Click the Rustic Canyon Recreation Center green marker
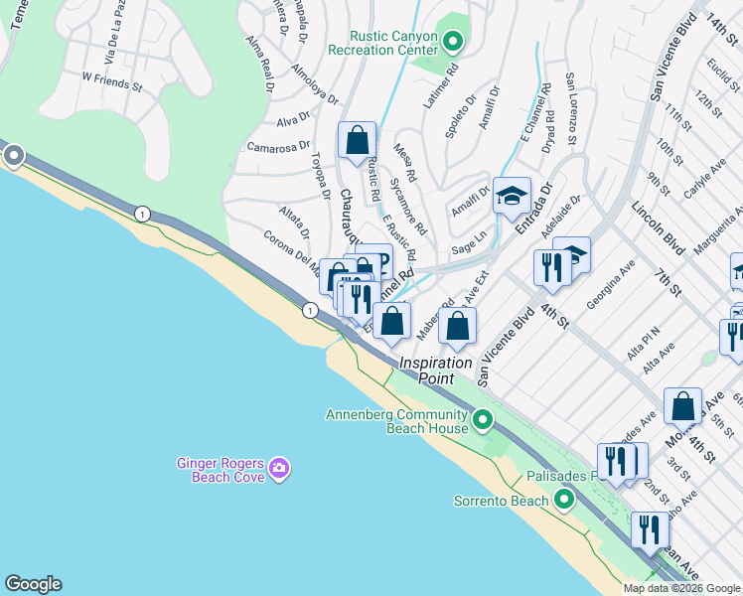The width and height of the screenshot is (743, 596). (453, 42)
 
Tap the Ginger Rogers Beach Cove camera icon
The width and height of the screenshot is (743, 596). (279, 468)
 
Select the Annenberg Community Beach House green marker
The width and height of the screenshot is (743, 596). (483, 420)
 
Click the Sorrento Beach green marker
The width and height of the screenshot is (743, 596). (564, 500)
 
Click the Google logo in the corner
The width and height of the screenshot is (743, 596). (33, 584)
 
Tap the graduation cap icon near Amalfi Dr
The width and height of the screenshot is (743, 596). (512, 196)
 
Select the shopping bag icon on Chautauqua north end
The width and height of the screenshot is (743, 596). (357, 140)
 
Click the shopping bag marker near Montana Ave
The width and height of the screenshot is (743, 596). (682, 405)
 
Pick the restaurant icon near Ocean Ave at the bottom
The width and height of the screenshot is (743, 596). (650, 529)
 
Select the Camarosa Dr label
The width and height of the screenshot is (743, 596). (279, 147)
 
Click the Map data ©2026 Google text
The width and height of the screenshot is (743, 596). (681, 588)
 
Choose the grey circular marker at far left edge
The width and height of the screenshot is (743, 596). (14, 155)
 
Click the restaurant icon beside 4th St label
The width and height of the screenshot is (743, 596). (550, 266)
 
